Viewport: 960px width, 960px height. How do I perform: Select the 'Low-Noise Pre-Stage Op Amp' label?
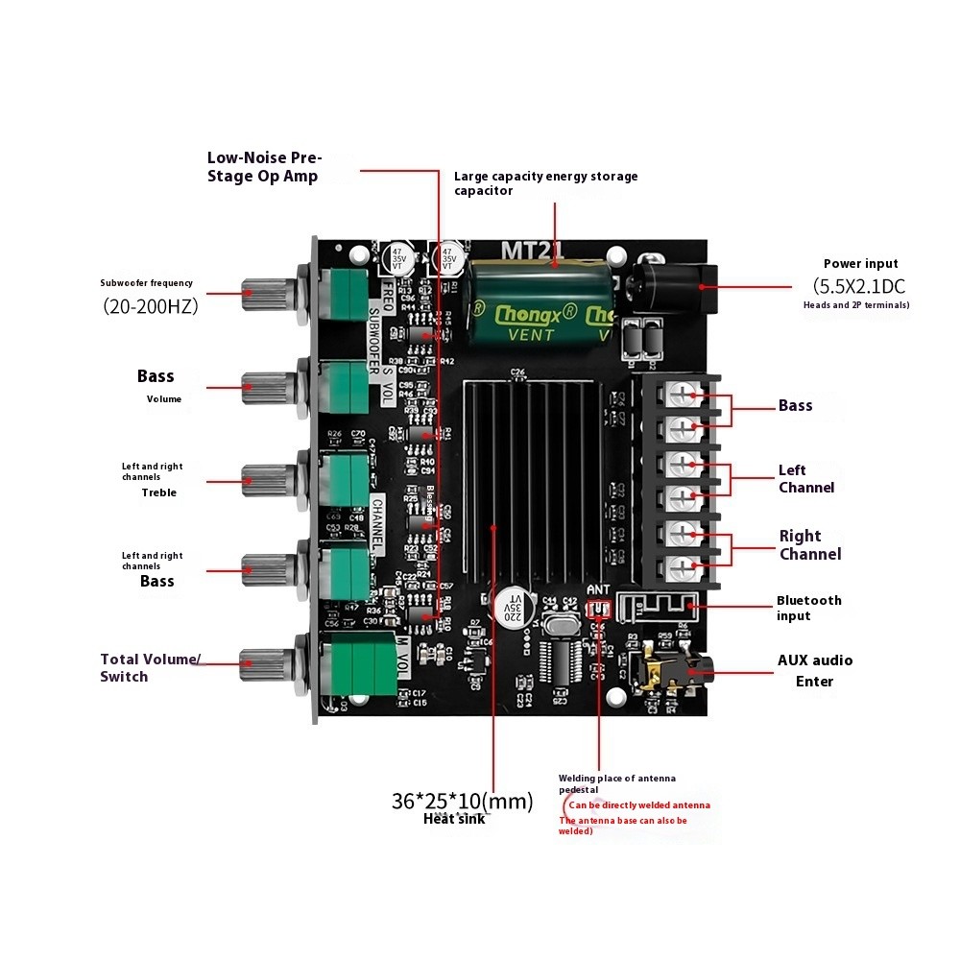tap(264, 167)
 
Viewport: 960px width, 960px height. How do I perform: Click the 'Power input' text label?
tap(860, 264)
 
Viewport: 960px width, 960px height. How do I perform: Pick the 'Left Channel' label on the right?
tap(805, 479)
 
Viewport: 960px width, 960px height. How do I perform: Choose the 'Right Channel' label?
tap(809, 545)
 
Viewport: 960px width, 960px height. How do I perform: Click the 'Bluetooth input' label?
tap(808, 608)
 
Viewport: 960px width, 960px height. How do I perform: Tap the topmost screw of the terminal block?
tap(683, 394)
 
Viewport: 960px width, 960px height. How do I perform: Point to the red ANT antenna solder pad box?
tap(599, 610)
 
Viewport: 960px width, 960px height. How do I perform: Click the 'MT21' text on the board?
tap(533, 250)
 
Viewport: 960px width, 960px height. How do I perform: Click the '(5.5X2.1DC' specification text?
tap(859, 286)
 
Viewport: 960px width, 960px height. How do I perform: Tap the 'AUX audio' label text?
tap(814, 660)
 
